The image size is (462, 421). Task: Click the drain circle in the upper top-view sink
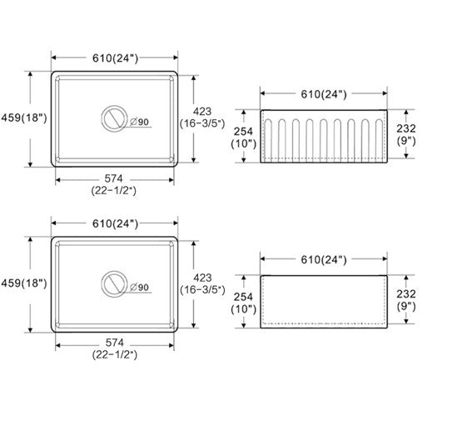pyautogui.click(x=114, y=106)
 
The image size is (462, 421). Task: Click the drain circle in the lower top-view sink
pyautogui.click(x=114, y=271)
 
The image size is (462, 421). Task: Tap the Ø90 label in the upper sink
pyautogui.click(x=139, y=122)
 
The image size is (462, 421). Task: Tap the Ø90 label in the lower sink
pyautogui.click(x=139, y=288)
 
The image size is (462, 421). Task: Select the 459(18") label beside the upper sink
pyautogui.click(x=24, y=118)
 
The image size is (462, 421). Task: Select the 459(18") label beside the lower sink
pyautogui.click(x=24, y=283)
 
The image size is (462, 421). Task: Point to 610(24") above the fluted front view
pyautogui.click(x=324, y=94)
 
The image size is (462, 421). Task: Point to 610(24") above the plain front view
pyautogui.click(x=324, y=260)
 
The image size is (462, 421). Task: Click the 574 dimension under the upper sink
pyautogui.click(x=114, y=178)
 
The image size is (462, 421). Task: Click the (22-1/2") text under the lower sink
pyautogui.click(x=115, y=354)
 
